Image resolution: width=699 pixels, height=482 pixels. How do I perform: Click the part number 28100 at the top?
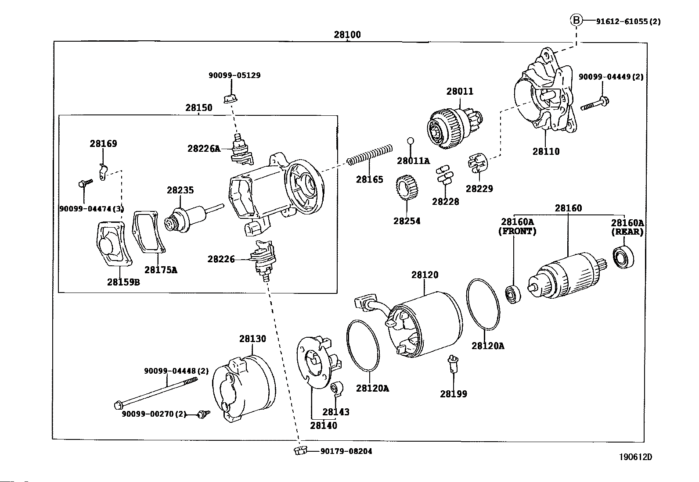[x=347, y=34]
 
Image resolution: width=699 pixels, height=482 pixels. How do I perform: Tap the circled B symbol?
[x=576, y=20]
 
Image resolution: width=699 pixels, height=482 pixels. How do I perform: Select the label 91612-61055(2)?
[x=628, y=21]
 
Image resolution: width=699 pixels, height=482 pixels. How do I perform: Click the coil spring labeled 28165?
[x=369, y=155]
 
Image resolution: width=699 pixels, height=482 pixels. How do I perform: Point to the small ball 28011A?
[x=411, y=141]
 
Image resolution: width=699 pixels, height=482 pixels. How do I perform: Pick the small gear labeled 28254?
[x=407, y=188]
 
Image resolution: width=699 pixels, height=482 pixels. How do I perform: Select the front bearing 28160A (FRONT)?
[x=513, y=294]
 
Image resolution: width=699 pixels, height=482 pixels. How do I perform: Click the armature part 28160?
[x=567, y=275]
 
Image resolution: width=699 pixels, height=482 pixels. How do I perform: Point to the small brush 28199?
[x=453, y=364]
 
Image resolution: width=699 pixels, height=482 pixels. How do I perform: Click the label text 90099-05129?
[x=234, y=75]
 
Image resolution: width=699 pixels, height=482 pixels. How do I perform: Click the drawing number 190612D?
[x=636, y=457]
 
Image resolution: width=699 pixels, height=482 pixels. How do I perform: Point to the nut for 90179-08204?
[x=300, y=450]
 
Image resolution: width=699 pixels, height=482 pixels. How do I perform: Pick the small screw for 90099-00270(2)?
[x=203, y=414]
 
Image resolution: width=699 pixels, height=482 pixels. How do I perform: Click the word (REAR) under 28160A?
[x=627, y=232]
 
